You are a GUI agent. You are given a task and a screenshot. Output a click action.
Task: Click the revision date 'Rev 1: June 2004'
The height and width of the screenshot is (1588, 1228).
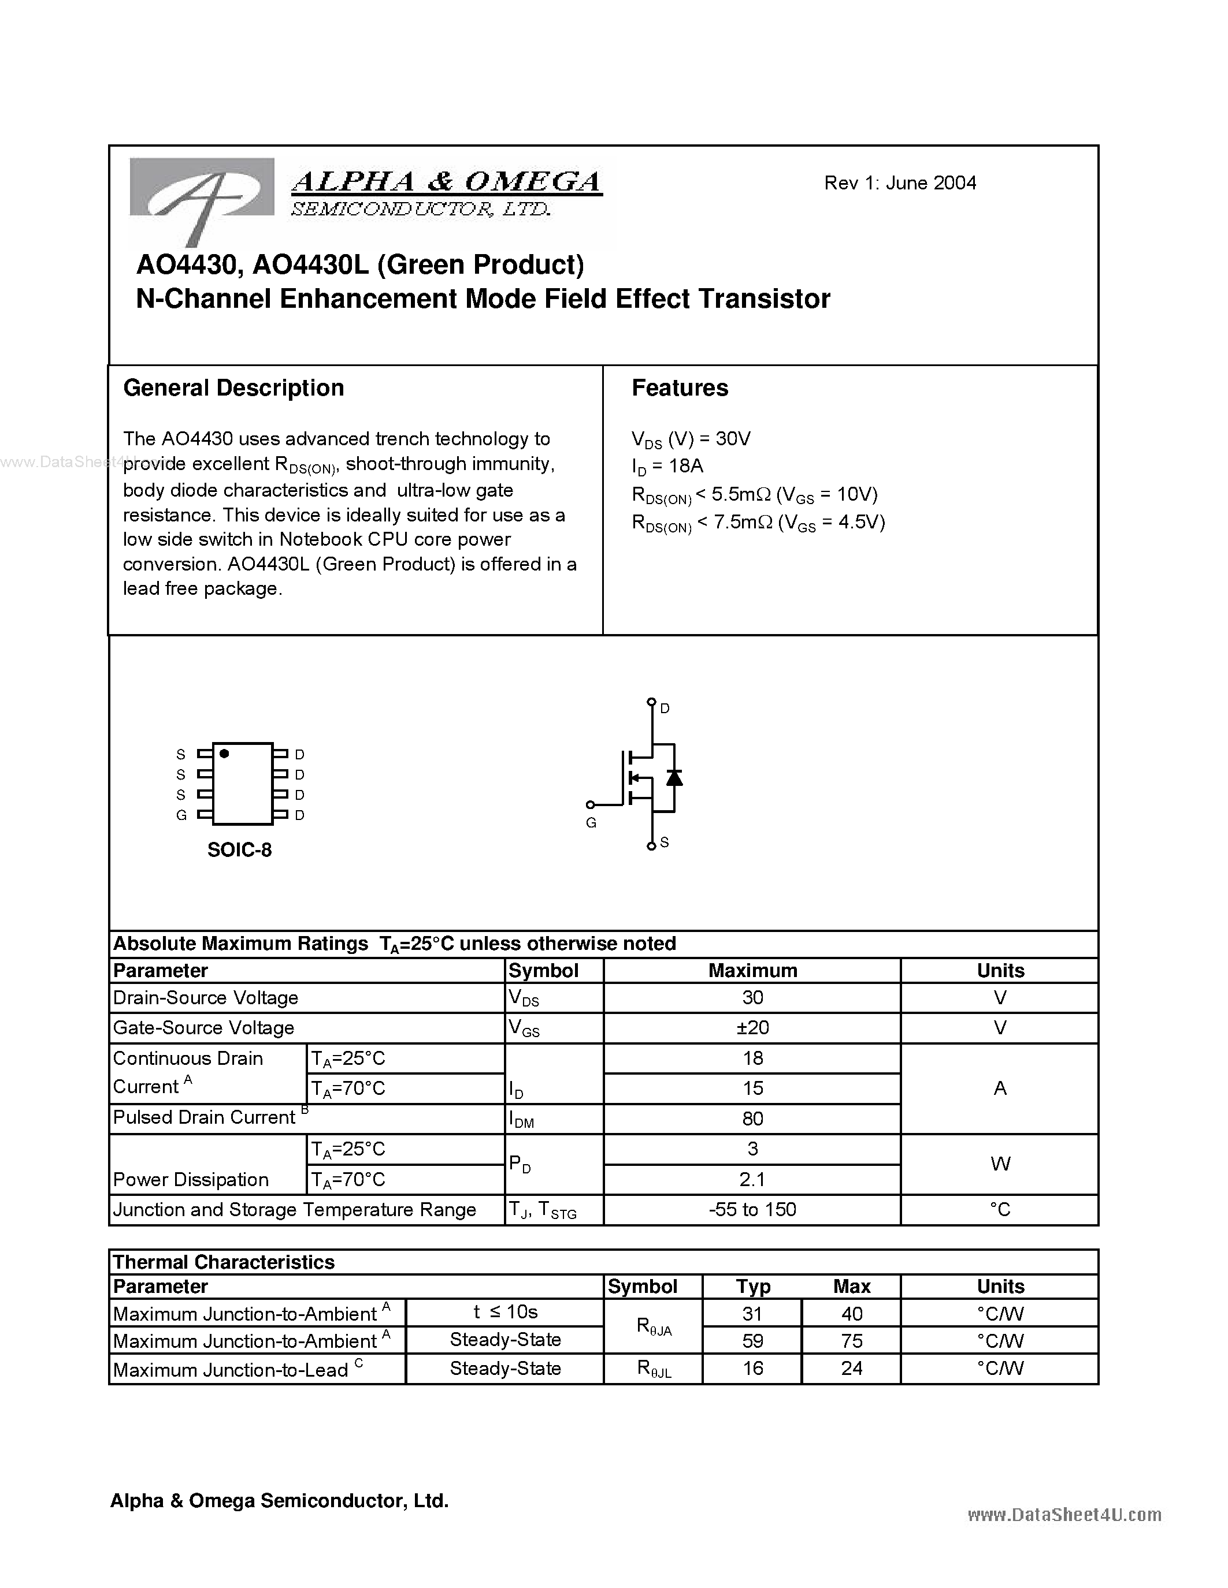click(x=899, y=183)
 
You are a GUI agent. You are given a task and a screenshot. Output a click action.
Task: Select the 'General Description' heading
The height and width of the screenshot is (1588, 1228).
click(x=233, y=388)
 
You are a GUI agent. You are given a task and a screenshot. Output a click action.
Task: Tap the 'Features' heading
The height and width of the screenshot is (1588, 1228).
click(x=680, y=388)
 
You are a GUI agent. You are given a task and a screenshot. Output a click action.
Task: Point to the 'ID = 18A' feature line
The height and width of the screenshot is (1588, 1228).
click(x=668, y=467)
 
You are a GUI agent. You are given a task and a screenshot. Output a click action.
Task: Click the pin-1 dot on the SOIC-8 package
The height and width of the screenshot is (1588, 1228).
click(x=224, y=753)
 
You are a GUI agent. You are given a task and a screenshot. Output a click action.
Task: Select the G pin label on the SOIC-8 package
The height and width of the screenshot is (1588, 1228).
click(x=181, y=815)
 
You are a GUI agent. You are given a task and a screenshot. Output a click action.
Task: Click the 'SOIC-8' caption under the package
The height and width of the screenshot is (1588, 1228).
click(x=239, y=850)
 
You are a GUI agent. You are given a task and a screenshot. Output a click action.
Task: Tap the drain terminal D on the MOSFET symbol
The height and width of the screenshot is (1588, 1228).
click(x=652, y=702)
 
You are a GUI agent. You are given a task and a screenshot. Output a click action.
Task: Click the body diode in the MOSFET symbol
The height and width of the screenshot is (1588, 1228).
click(x=674, y=777)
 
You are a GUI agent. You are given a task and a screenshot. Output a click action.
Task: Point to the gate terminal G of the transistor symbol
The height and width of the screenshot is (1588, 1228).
click(x=591, y=805)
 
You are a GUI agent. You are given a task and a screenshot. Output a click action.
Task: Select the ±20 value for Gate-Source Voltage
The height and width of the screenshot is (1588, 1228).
click(x=752, y=1027)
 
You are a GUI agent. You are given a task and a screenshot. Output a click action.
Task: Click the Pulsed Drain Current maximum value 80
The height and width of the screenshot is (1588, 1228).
click(x=752, y=1119)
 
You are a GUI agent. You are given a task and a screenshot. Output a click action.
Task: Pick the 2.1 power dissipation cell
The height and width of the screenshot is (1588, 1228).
click(x=752, y=1179)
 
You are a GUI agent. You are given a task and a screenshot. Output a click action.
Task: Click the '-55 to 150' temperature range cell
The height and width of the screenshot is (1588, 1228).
click(x=752, y=1209)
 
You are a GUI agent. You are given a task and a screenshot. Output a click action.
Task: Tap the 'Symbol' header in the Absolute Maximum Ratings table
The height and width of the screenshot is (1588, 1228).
click(x=543, y=971)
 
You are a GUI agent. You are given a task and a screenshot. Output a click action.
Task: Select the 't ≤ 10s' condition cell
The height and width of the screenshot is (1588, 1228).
click(x=505, y=1312)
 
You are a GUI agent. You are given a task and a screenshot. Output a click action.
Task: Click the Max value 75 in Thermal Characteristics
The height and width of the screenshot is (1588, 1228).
click(x=851, y=1340)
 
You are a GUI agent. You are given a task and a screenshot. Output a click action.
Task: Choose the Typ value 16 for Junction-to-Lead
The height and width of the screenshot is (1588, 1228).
click(x=752, y=1369)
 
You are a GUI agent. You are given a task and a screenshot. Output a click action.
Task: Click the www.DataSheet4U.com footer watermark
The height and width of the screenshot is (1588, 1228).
click(x=1064, y=1515)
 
